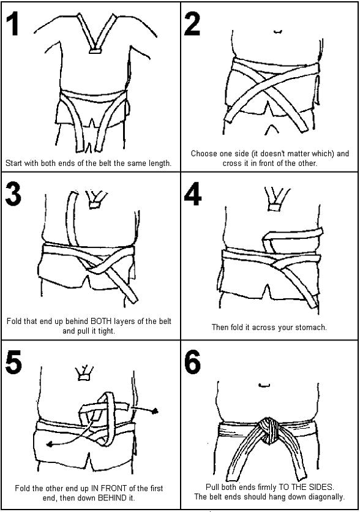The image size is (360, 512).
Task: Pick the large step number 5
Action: pos(13,362)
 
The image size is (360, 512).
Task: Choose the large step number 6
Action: pos(193,362)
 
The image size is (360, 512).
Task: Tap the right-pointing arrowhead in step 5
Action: pos(156,411)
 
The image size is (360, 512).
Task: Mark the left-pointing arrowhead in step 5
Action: pos(50,444)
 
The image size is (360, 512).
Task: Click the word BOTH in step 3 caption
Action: pos(101,321)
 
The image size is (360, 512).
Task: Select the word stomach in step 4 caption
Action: pos(310,327)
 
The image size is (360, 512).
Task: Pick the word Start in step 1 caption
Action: pos(13,163)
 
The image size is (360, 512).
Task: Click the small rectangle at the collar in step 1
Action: pos(96,51)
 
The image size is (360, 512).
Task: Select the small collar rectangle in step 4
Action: pos(274,208)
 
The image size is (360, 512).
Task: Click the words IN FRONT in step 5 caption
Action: pos(113,488)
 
